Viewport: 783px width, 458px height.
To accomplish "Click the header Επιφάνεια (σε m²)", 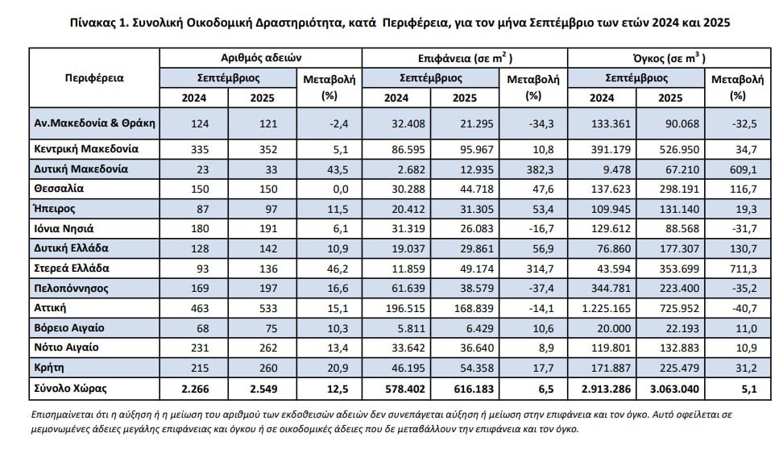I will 466,58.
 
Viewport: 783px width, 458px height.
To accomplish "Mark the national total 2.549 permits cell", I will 263,388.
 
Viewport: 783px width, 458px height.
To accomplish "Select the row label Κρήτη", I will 51,367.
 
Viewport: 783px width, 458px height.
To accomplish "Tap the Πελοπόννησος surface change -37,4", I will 535,288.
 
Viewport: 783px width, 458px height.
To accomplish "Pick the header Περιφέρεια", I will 93,78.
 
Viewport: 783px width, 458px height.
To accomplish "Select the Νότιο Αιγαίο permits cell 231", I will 194,348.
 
